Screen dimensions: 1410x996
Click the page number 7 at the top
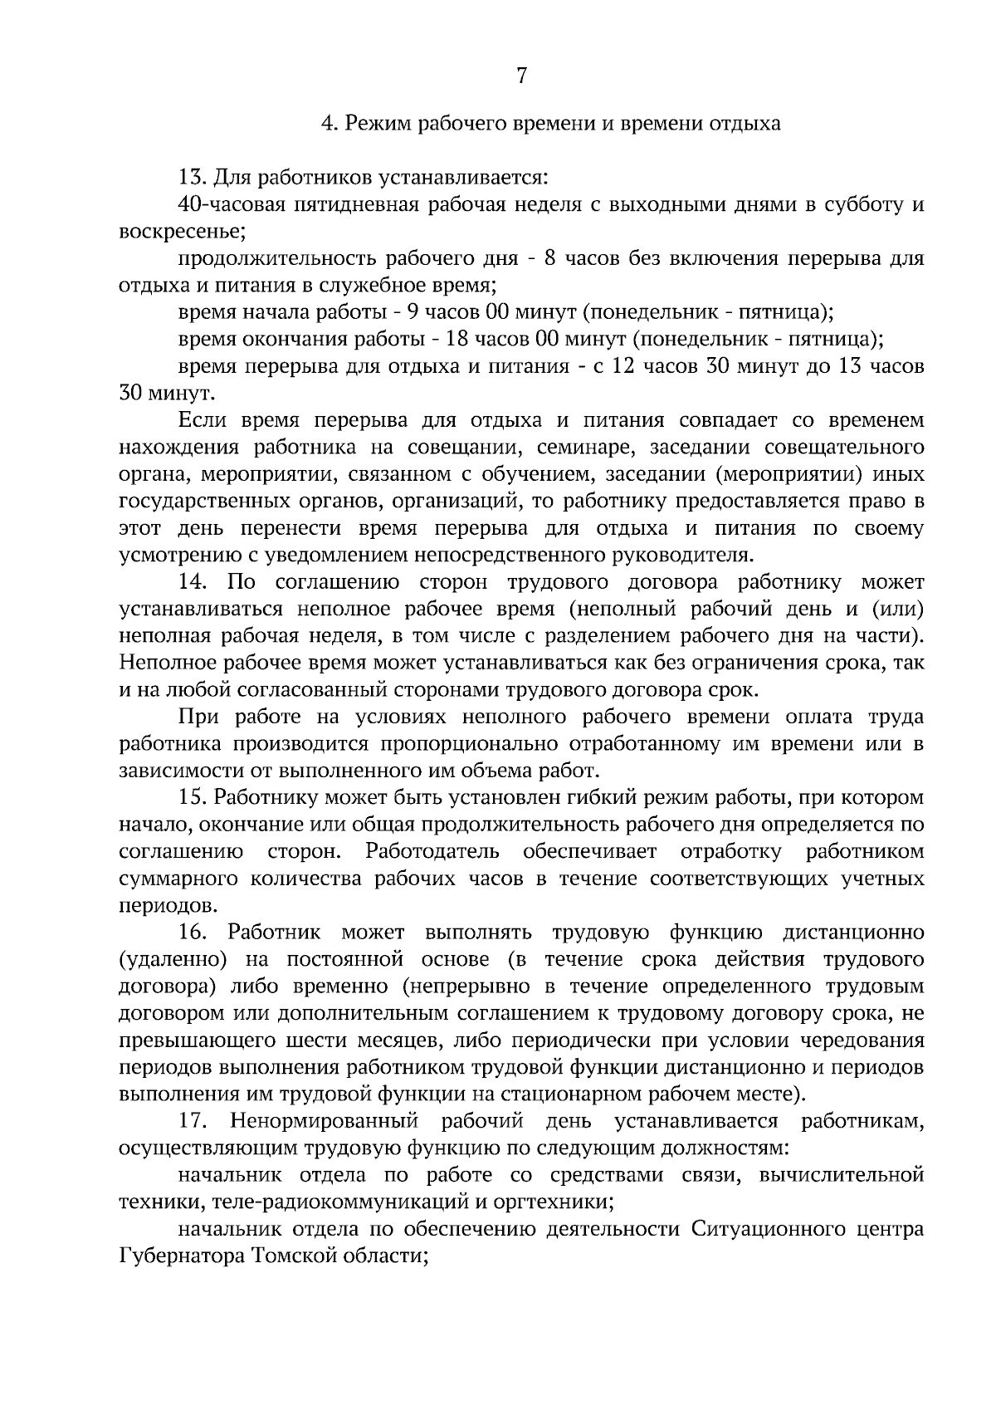coord(521,76)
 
